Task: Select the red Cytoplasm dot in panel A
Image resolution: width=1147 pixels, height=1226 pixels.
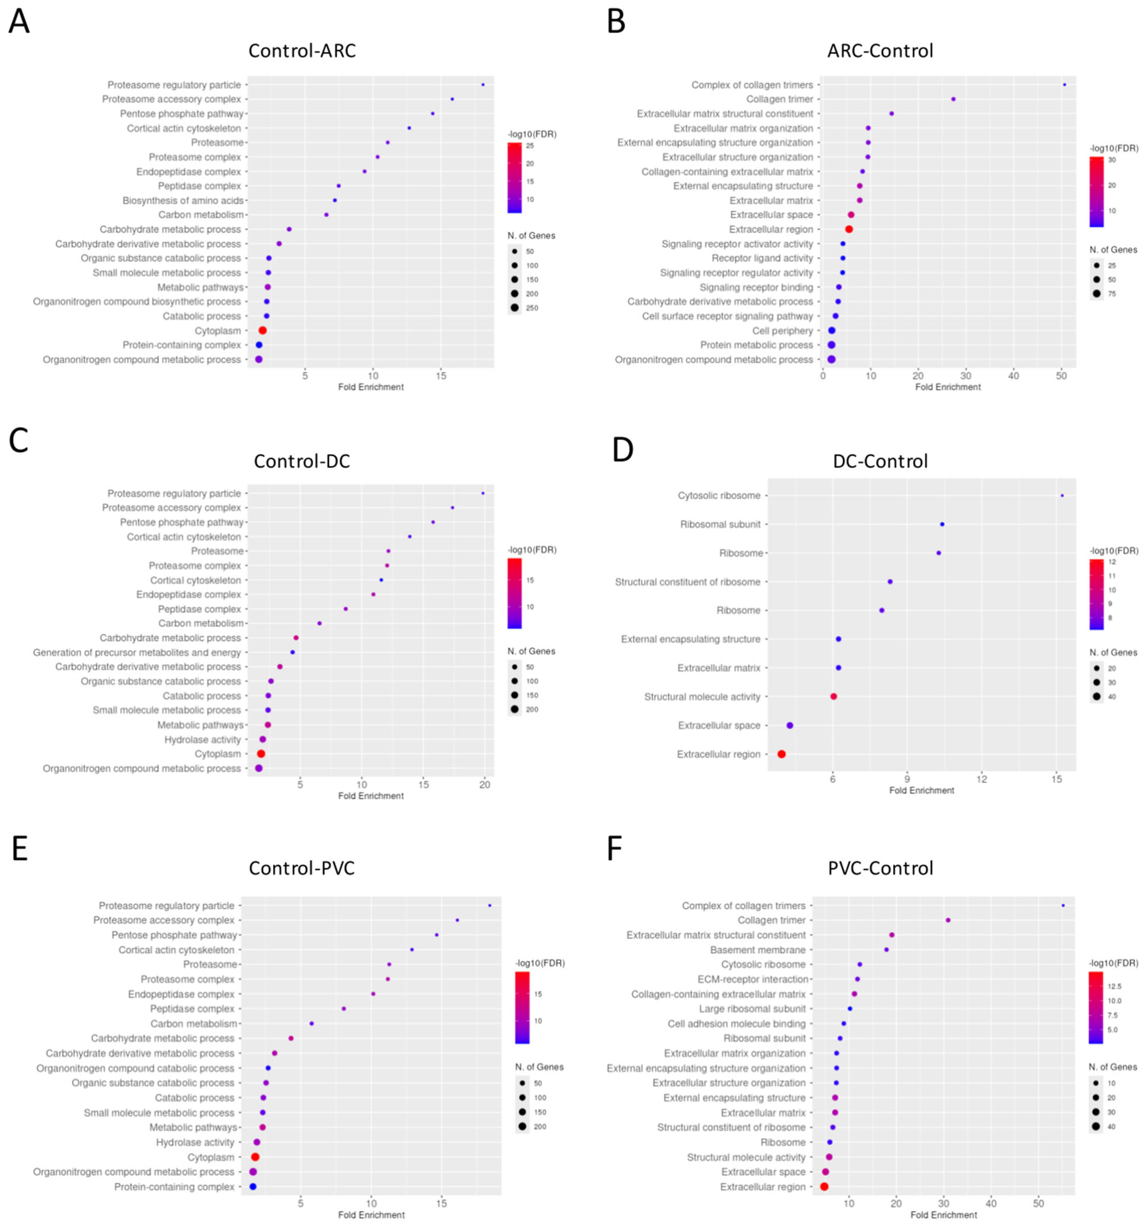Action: [x=262, y=331]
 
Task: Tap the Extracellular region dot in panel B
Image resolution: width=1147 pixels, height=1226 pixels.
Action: [x=849, y=229]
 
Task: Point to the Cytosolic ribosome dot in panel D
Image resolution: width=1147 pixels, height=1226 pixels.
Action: [x=1061, y=495]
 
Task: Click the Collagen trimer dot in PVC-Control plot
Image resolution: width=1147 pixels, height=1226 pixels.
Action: [x=948, y=920]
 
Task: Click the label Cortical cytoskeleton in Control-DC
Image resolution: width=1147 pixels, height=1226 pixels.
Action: [x=195, y=580]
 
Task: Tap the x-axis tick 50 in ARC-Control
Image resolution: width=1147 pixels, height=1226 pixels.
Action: [x=1061, y=376]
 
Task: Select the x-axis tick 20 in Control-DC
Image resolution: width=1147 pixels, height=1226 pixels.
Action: [x=484, y=785]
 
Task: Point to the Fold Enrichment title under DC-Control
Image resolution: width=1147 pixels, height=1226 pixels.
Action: [x=922, y=790]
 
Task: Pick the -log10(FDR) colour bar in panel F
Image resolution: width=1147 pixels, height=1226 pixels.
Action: [x=1095, y=1007]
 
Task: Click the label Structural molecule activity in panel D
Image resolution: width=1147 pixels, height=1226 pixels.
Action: [x=702, y=697]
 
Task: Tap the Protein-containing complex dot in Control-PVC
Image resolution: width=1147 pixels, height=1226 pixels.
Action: [x=253, y=1187]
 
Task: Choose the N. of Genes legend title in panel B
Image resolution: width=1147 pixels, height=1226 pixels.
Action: [x=1113, y=250]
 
